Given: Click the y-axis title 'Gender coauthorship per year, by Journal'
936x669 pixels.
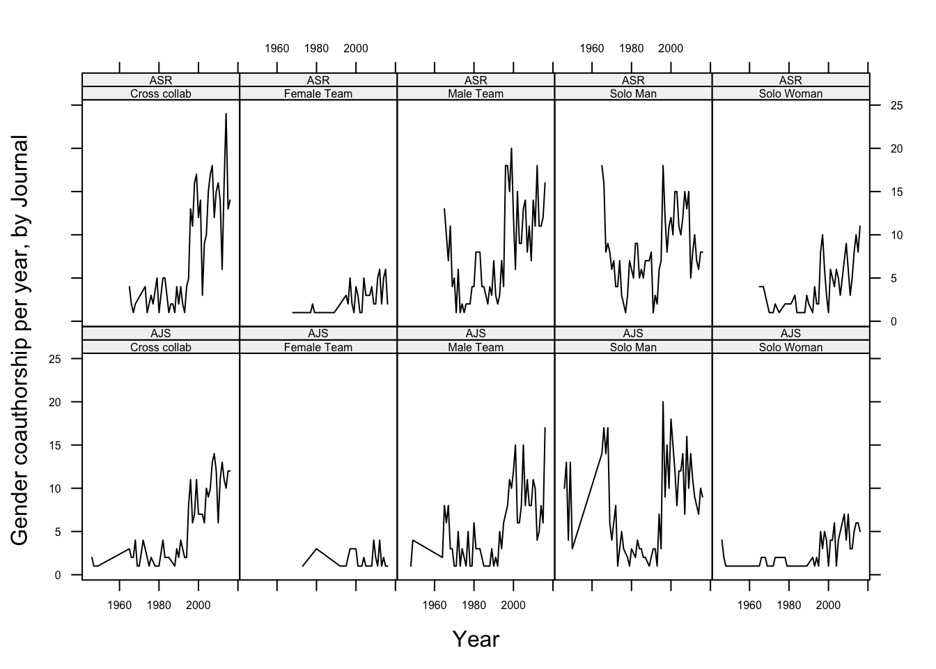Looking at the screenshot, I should [x=19, y=341].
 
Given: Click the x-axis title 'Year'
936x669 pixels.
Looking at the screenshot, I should [x=476, y=638].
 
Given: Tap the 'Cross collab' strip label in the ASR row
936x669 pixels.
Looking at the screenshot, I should [x=160, y=93].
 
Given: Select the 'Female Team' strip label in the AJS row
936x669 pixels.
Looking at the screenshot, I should [x=318, y=347].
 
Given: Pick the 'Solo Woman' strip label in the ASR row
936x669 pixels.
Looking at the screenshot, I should [x=790, y=93].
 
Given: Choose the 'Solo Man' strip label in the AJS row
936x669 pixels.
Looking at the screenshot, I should [x=633, y=347].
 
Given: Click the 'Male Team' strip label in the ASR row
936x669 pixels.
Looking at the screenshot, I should [x=476, y=93].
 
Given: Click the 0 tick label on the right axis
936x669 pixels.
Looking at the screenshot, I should [x=893, y=321].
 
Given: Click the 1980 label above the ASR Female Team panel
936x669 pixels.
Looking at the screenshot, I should [x=316, y=49].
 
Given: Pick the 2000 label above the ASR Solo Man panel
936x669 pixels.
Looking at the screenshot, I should [x=671, y=49].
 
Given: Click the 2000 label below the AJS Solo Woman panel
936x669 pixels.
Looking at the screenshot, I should [x=828, y=605].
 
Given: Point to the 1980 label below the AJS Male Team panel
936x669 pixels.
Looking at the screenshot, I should [x=474, y=605].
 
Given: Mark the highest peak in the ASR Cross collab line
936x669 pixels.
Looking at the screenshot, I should [x=226, y=114].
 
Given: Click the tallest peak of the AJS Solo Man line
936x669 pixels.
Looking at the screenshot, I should [x=663, y=402].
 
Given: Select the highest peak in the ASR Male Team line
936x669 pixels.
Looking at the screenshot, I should [x=511, y=148].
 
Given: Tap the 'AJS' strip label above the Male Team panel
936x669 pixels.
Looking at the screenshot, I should [x=476, y=334].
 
